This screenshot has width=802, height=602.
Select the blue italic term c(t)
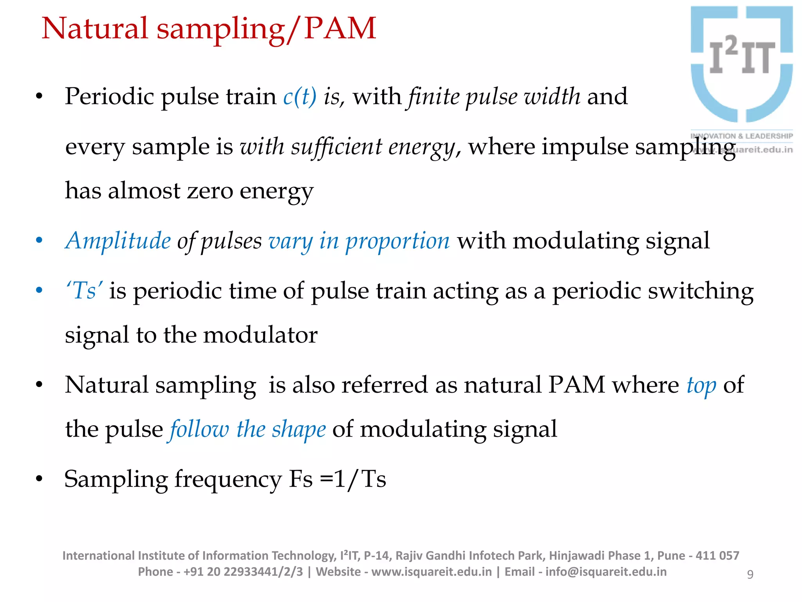tap(300, 96)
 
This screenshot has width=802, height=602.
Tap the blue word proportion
tap(397, 241)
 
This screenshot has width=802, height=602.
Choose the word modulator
tap(260, 335)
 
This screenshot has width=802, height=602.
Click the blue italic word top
tap(701, 386)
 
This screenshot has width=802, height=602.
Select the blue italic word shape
tap(299, 429)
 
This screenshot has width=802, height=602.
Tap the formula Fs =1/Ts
tap(338, 479)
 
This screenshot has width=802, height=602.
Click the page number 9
tap(750, 574)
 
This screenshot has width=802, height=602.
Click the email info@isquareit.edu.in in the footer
tap(606, 572)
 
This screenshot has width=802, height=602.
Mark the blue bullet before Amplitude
tap(39, 240)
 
